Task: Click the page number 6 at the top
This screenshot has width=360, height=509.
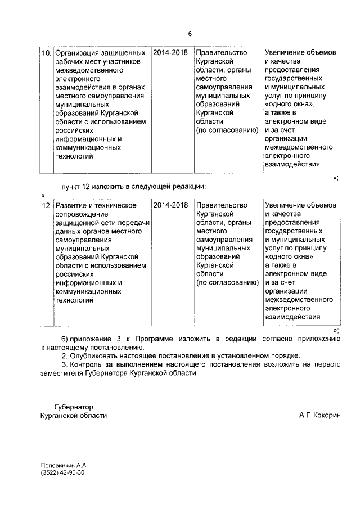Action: tap(190, 34)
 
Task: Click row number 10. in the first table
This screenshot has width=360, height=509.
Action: tap(47, 52)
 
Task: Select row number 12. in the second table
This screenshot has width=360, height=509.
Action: tap(47, 205)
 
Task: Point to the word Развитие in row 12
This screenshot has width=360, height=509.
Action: tap(70, 205)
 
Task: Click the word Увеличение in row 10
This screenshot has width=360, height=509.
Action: tap(286, 52)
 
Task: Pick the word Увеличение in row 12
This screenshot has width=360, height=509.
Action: tap(286, 205)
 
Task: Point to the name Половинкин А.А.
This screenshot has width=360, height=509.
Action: tap(65, 466)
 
